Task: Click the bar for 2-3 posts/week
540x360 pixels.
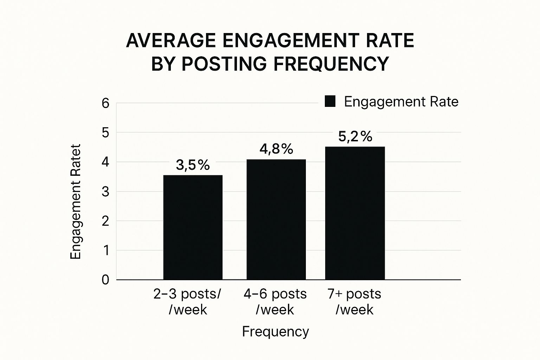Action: (x=193, y=227)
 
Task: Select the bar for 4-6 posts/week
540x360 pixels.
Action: (x=276, y=219)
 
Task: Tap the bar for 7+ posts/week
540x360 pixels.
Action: (x=355, y=213)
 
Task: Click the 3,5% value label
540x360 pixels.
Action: (x=193, y=165)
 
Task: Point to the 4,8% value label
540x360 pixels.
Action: (x=276, y=149)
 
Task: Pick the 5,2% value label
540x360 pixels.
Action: (x=355, y=136)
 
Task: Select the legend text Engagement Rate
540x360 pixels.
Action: (x=401, y=102)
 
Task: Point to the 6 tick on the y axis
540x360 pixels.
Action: (x=105, y=103)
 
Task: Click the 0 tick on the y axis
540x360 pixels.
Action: (x=105, y=280)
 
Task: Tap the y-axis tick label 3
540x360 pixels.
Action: (x=105, y=192)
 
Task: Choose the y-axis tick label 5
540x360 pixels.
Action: (x=105, y=133)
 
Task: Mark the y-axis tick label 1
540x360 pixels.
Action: (x=105, y=251)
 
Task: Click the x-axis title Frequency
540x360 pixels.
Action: (x=275, y=332)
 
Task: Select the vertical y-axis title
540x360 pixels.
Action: (x=76, y=202)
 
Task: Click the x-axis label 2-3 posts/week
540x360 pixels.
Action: (x=187, y=302)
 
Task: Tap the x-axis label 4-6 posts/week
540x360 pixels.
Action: (x=275, y=302)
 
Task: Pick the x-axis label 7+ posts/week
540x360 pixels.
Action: (x=354, y=302)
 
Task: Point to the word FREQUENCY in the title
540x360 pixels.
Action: (x=331, y=64)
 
